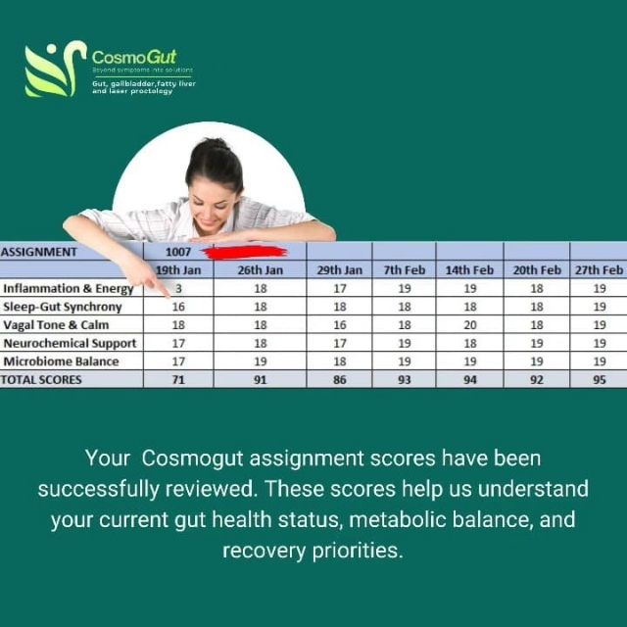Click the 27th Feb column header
(x=599, y=269)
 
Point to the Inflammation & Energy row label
(x=69, y=289)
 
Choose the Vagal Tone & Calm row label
(x=57, y=325)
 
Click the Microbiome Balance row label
(x=62, y=362)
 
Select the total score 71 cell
(x=178, y=379)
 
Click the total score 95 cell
(x=599, y=379)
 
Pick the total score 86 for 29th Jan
(x=339, y=379)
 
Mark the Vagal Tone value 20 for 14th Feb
(x=469, y=325)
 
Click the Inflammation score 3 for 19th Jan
(x=178, y=289)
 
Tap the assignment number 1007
(x=178, y=252)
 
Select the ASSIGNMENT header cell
(x=40, y=252)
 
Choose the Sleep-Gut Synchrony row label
(x=64, y=307)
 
